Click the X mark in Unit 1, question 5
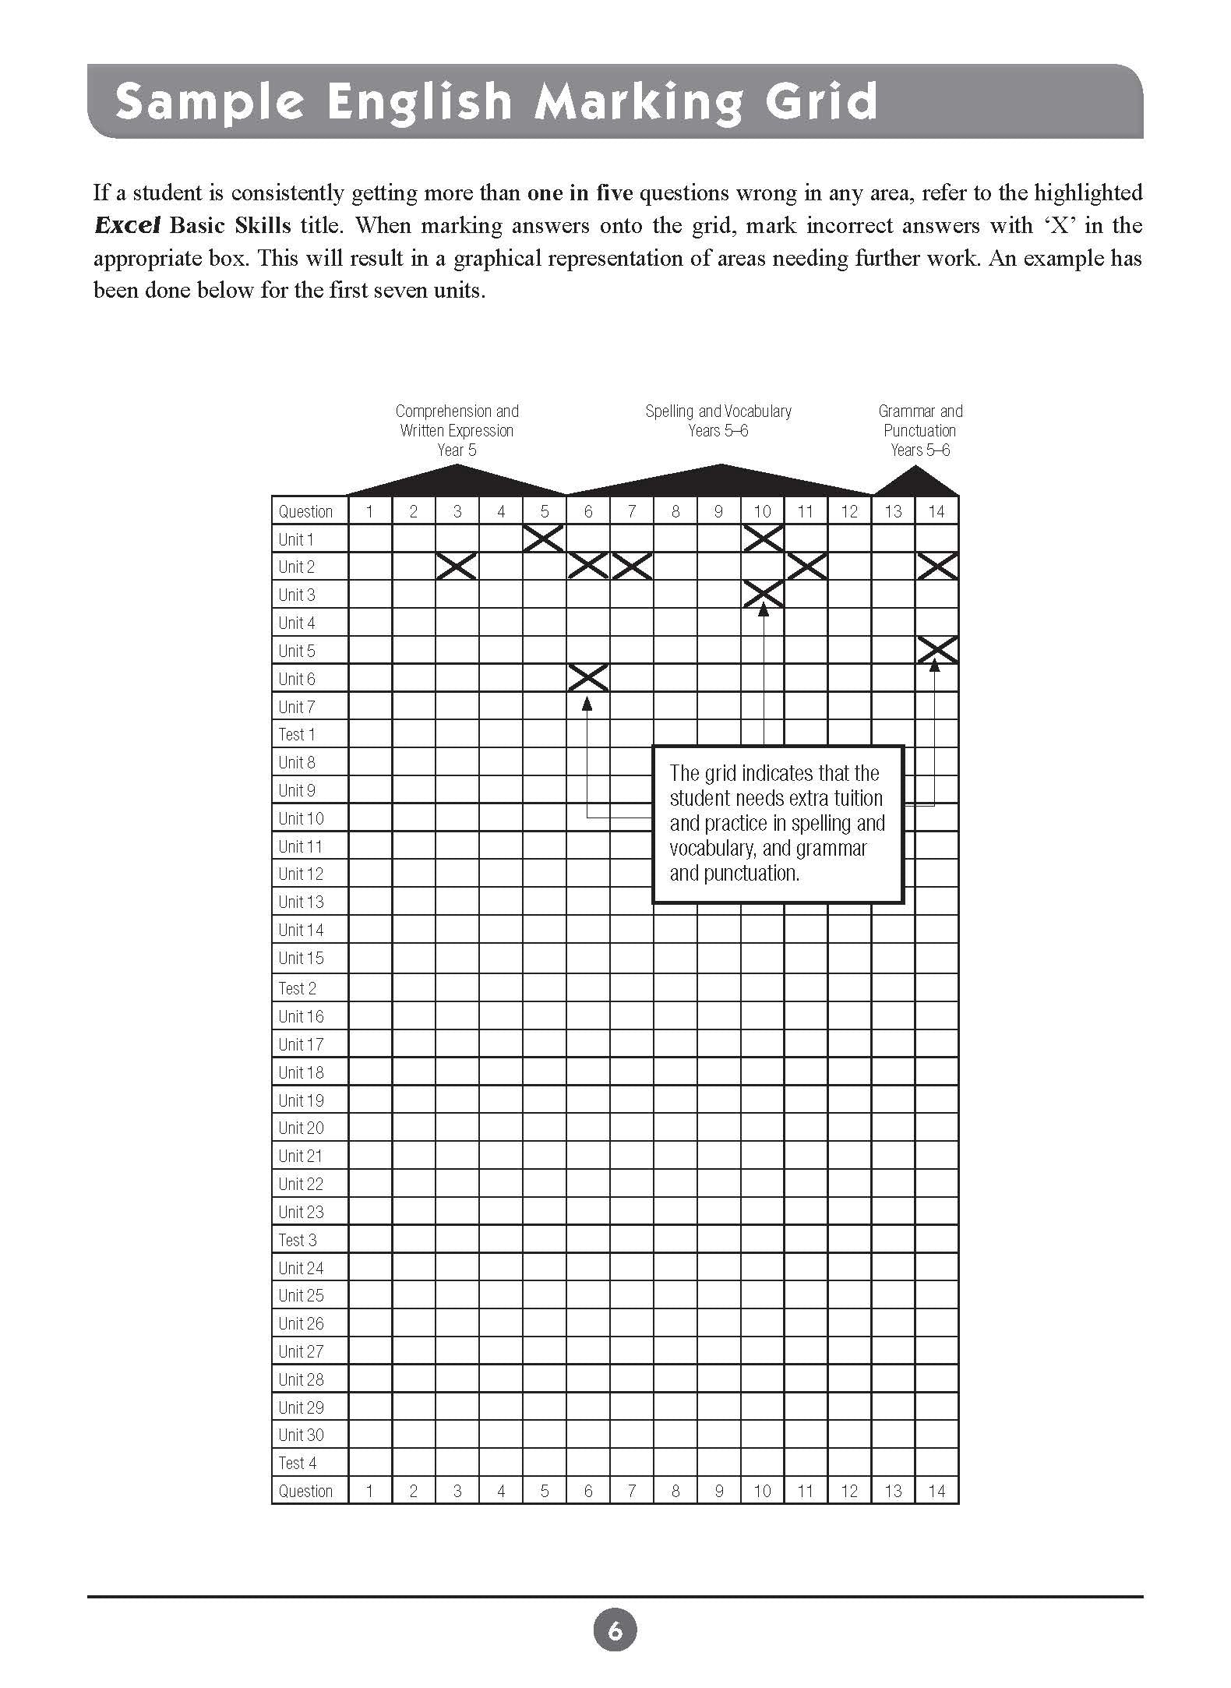pyautogui.click(x=544, y=539)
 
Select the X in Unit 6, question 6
pyautogui.click(x=588, y=678)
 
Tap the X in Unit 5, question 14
pyautogui.click(x=936, y=650)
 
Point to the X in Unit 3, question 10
pyautogui.click(x=763, y=595)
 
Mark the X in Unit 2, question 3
pyautogui.click(x=457, y=567)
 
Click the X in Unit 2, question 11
pyautogui.click(x=806, y=567)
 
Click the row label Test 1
pyautogui.click(x=297, y=734)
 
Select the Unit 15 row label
pyautogui.click(x=301, y=958)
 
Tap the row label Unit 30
pyautogui.click(x=301, y=1435)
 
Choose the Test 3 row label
pyautogui.click(x=298, y=1240)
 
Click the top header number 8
pyautogui.click(x=675, y=511)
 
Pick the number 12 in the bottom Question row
pyautogui.click(x=849, y=1491)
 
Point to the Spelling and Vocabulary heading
pyautogui.click(x=718, y=421)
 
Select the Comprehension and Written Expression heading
pyautogui.click(x=457, y=430)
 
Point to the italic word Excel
pyautogui.click(x=126, y=226)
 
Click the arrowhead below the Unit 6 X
pyautogui.click(x=587, y=703)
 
